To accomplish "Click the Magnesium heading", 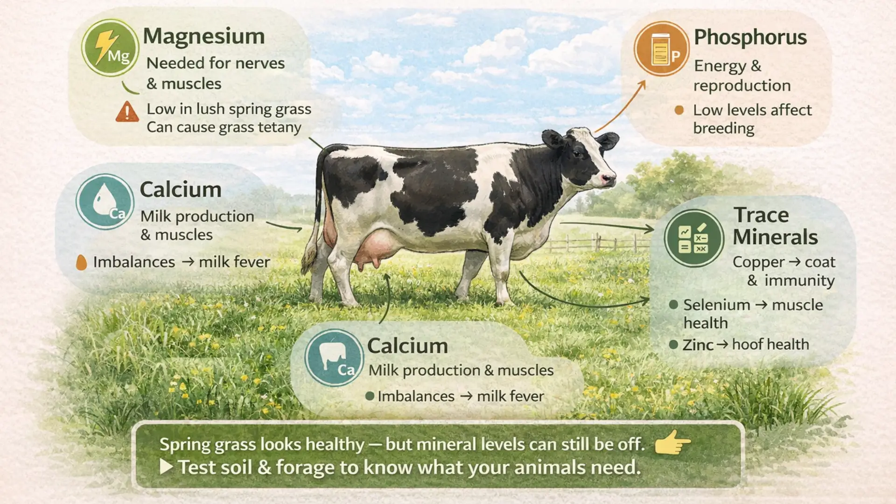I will click(x=203, y=36).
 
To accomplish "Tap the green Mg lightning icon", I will click(x=110, y=48).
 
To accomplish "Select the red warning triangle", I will click(x=127, y=112).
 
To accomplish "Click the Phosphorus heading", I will click(x=750, y=37).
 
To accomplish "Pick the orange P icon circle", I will click(x=661, y=49).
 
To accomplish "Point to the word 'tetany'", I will click(x=280, y=127).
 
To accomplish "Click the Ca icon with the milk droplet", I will click(x=105, y=202).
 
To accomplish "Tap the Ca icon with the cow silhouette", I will click(x=334, y=358).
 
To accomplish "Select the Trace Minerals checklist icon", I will click(x=693, y=238).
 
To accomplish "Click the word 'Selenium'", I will click(x=716, y=305).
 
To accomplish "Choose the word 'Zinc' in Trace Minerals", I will click(x=698, y=345).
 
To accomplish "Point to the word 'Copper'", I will click(x=758, y=262).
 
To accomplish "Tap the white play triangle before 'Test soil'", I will click(x=166, y=467).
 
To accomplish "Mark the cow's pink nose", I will click(x=608, y=179).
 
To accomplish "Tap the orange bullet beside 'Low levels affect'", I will click(x=679, y=110).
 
